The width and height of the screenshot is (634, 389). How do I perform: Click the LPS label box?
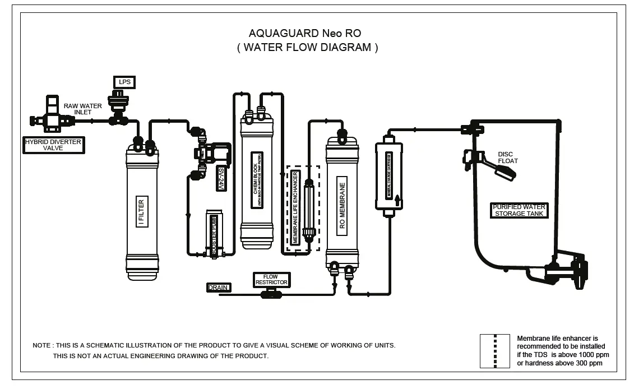[x=124, y=82]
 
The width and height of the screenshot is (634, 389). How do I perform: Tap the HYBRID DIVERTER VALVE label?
[x=53, y=145]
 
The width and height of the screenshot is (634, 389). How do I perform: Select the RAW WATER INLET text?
[x=82, y=109]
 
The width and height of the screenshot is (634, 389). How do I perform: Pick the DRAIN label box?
[x=219, y=288]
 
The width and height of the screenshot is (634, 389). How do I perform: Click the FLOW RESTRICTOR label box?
[x=272, y=280]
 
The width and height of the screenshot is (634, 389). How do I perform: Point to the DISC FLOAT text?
[x=508, y=158]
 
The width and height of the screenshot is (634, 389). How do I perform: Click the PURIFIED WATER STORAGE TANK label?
[x=519, y=210]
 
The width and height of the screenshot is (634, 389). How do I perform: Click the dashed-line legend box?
[x=494, y=351]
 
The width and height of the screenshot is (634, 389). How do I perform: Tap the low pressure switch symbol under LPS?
[x=119, y=106]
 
